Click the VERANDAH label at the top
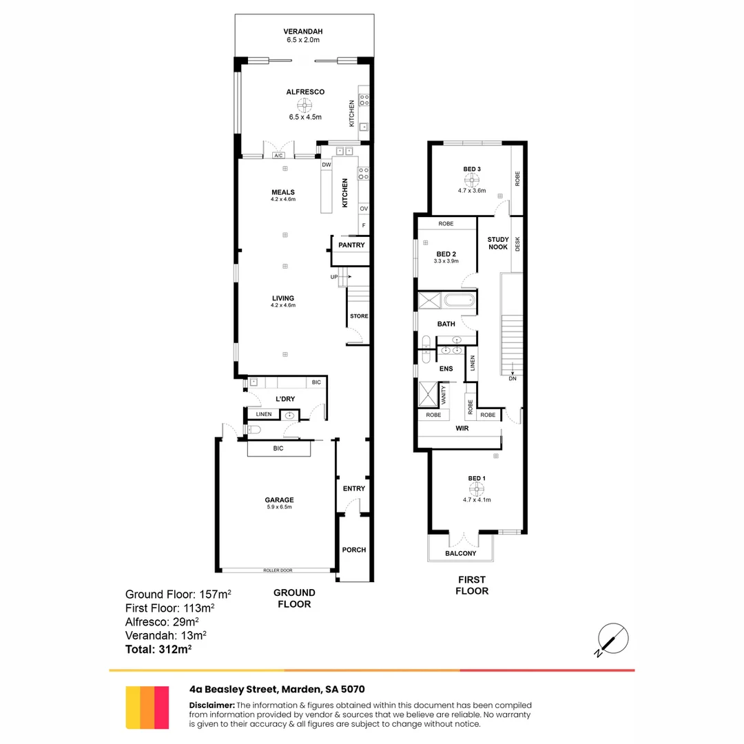tap(303, 32)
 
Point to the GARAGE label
tap(279, 500)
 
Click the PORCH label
tap(354, 550)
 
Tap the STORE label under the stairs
tap(359, 316)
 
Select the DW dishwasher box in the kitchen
tap(326, 165)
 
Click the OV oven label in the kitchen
tap(363, 209)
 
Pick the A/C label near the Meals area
tap(278, 156)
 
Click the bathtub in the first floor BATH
tap(458, 300)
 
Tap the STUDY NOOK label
tap(498, 244)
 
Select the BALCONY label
tap(461, 553)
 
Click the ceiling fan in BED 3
tap(472, 179)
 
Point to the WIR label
tap(462, 428)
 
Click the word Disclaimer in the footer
tap(211, 705)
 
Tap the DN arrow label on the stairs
tap(512, 378)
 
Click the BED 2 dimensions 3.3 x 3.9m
tap(446, 262)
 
